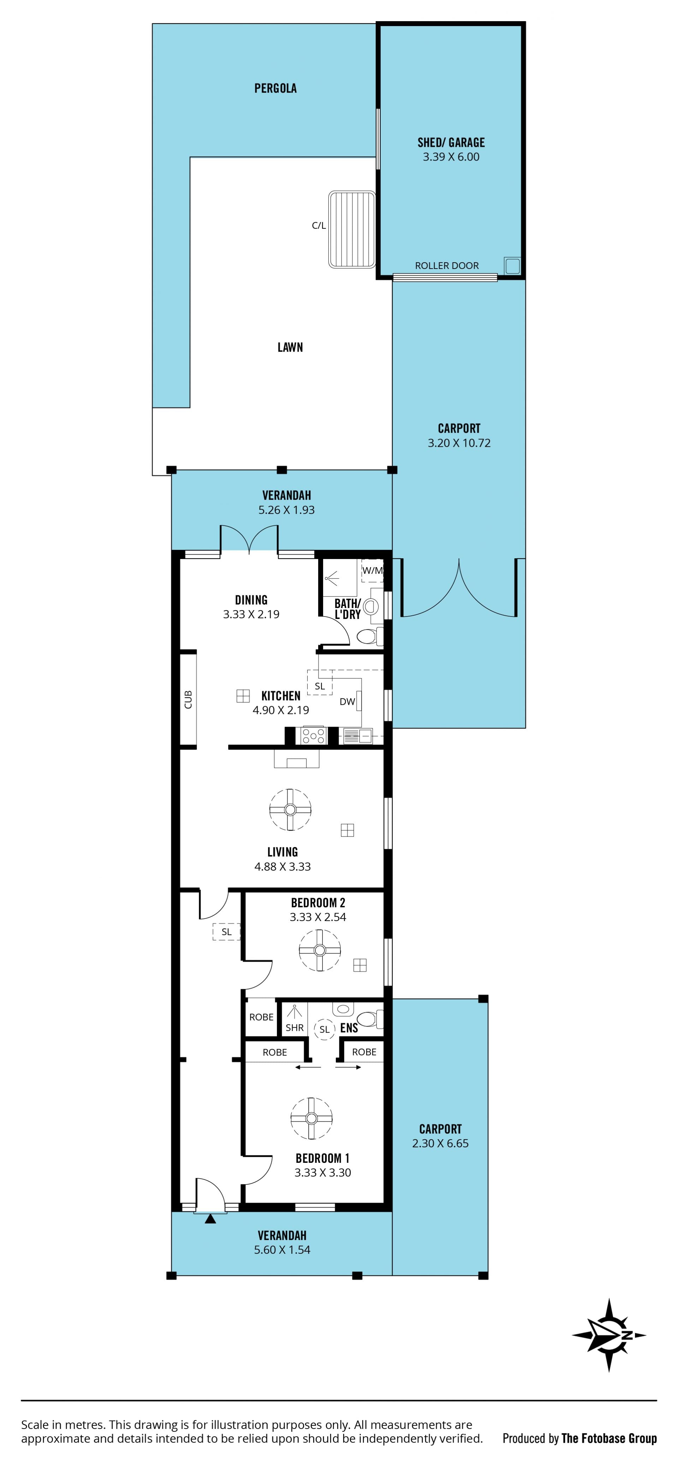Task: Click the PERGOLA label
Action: click(x=275, y=88)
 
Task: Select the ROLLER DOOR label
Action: click(x=447, y=265)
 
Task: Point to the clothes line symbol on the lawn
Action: click(x=351, y=229)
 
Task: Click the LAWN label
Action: click(x=290, y=347)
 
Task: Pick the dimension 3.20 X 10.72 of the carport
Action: click(x=459, y=443)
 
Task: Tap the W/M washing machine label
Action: click(x=373, y=570)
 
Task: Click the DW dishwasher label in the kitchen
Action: click(x=347, y=702)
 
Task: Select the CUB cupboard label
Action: click(x=188, y=699)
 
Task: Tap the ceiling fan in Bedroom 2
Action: click(x=320, y=950)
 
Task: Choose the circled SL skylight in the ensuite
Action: click(x=324, y=1029)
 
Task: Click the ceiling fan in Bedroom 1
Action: click(x=311, y=1118)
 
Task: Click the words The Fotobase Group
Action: click(x=609, y=1438)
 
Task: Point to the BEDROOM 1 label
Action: click(x=322, y=1158)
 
